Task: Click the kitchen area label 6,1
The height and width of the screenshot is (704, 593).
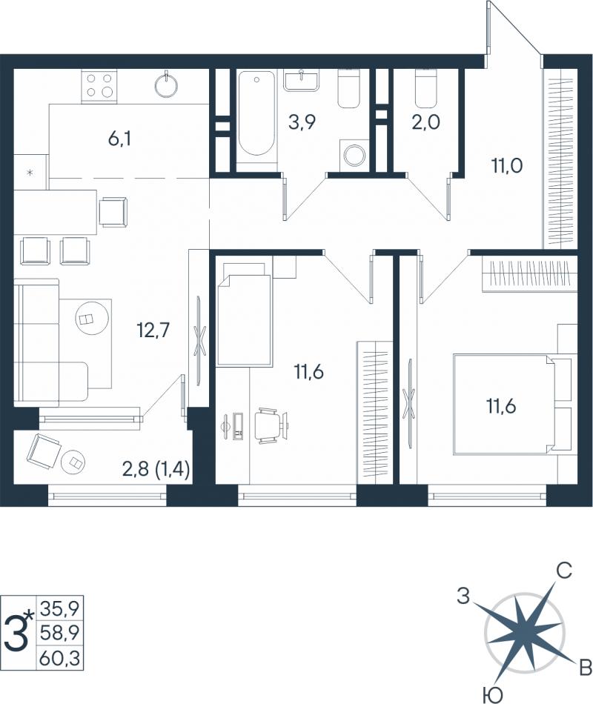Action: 119,140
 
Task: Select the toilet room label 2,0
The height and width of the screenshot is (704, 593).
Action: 425,122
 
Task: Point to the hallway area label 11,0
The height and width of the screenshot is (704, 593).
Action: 507,166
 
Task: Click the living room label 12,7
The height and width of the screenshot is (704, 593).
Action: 153,331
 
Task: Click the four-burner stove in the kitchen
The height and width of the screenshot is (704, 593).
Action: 99,86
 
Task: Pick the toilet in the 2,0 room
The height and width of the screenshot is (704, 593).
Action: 425,88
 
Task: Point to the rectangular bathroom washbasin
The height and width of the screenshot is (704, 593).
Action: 302,79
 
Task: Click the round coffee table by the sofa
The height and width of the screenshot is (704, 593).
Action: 92,317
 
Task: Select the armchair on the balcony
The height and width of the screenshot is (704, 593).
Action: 44,451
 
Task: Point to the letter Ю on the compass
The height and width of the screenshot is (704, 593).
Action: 493,695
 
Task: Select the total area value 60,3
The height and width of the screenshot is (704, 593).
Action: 60,671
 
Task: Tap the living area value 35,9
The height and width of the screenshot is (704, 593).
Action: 60,609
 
